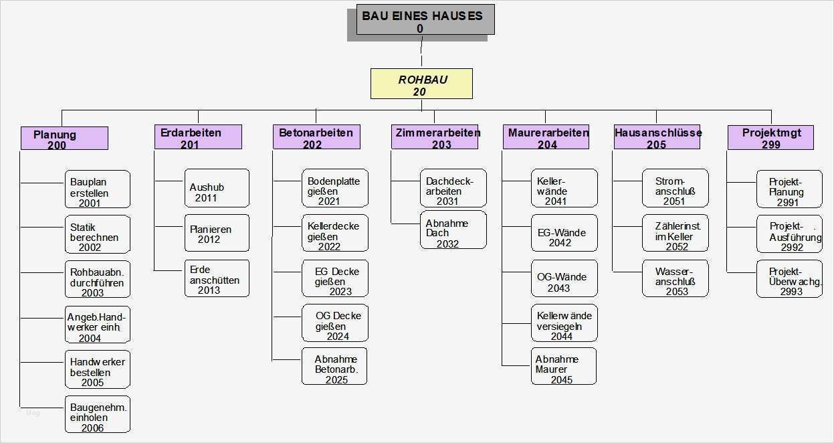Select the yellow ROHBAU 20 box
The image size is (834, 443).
click(421, 84)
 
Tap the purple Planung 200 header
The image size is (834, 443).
click(64, 139)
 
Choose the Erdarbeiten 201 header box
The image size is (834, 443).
click(197, 137)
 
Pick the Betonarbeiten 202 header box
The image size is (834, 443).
click(316, 137)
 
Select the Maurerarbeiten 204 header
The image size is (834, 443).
click(546, 137)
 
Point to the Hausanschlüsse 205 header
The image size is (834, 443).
click(656, 137)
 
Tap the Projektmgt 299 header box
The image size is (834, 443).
click(770, 137)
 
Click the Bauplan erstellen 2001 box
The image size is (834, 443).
click(97, 189)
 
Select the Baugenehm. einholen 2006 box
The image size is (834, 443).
click(97, 414)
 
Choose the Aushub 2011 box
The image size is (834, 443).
click(216, 189)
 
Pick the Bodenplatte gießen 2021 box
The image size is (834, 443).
click(334, 189)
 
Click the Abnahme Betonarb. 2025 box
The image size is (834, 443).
click(334, 367)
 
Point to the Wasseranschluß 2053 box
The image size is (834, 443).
click(675, 279)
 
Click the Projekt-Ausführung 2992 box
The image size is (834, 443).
click(789, 234)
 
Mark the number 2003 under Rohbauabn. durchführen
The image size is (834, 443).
click(92, 293)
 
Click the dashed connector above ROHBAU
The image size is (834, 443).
click(421, 52)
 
